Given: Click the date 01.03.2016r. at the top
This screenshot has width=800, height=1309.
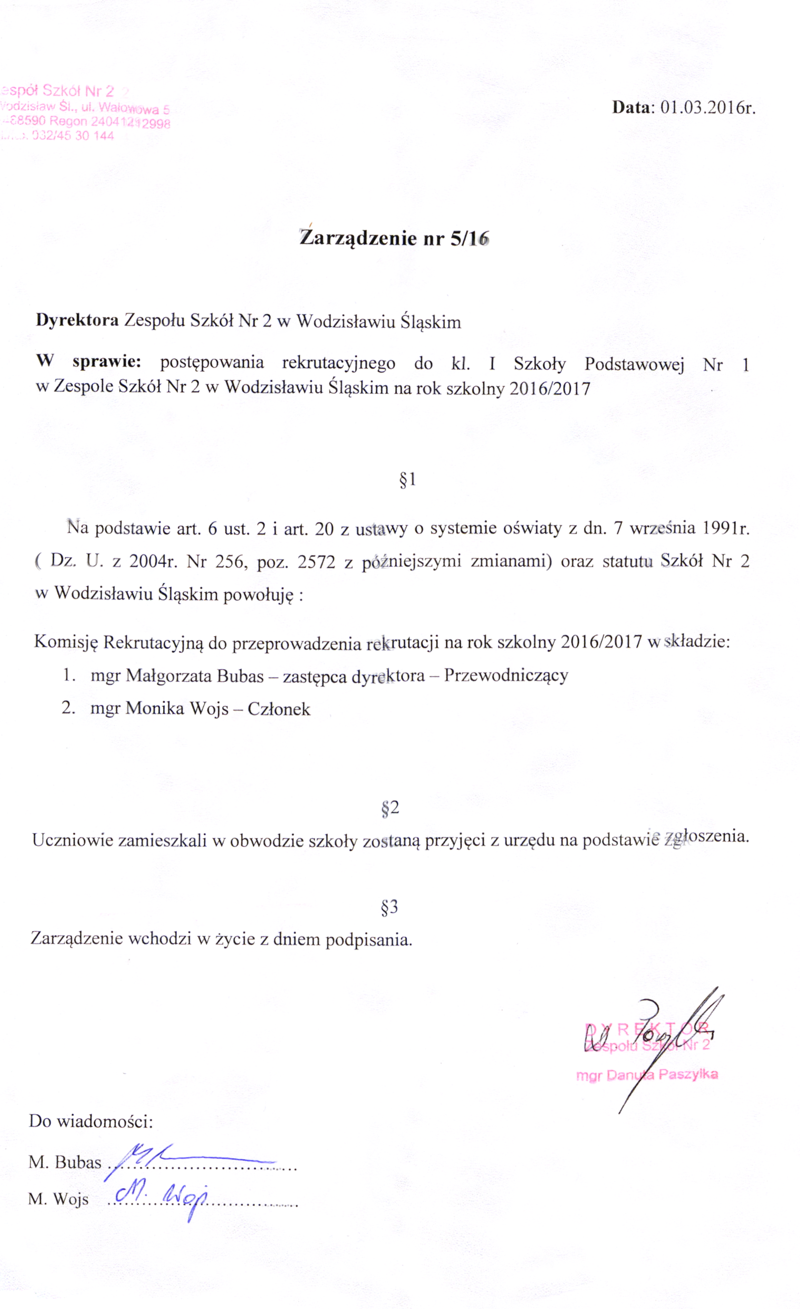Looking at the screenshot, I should pyautogui.click(x=707, y=108).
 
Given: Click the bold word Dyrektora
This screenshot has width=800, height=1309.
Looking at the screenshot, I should pyautogui.click(x=77, y=320).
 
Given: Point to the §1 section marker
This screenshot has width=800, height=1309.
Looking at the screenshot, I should pyautogui.click(x=407, y=480).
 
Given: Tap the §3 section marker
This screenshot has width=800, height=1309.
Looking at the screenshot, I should pyautogui.click(x=389, y=907).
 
